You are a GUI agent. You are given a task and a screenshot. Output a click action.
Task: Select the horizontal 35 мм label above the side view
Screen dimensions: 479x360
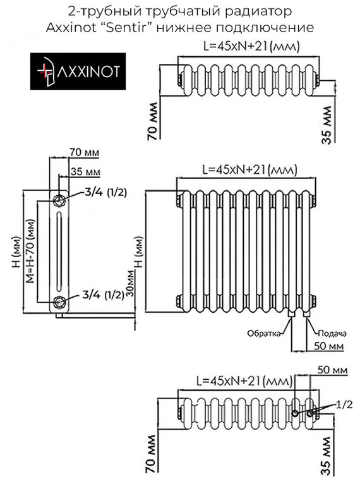[85, 172]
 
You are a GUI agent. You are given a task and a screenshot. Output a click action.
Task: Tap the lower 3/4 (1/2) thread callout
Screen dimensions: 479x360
[103, 294]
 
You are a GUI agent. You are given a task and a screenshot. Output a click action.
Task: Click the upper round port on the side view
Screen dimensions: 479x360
[59, 200]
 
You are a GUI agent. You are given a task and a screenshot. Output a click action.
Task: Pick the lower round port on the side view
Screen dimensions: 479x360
[59, 300]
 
